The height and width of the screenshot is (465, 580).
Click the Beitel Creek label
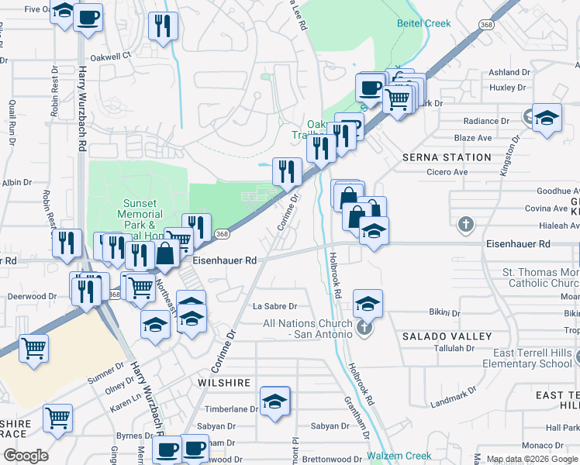(425, 23)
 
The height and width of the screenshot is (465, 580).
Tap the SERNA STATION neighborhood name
(447, 157)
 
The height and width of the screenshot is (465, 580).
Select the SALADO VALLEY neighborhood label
(447, 336)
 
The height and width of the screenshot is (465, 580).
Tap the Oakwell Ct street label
(112, 56)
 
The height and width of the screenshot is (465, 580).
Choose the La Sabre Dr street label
(275, 306)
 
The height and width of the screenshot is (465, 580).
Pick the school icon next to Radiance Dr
(547, 118)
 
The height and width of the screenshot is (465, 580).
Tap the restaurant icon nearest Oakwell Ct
(163, 26)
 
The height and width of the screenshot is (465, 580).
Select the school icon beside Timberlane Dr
(274, 401)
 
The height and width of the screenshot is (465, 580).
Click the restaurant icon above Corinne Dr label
(287, 170)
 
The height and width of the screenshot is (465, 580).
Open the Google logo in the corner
(25, 455)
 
